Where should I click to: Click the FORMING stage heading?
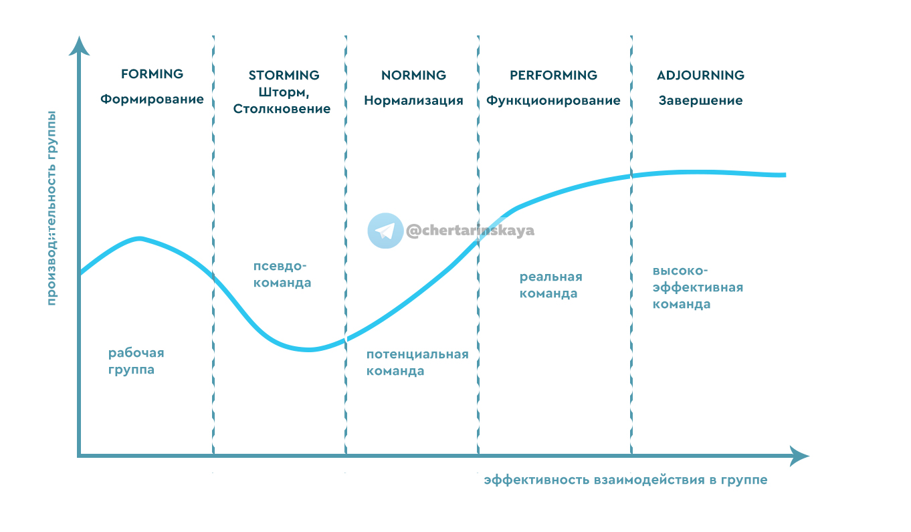click(152, 74)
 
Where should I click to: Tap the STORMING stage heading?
click(284, 75)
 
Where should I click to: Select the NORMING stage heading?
click(413, 75)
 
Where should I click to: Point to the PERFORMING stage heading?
click(553, 75)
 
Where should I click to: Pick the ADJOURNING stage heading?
click(700, 75)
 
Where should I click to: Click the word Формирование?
click(152, 100)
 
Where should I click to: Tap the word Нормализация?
click(413, 101)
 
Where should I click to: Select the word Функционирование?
click(553, 101)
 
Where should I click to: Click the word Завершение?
click(700, 101)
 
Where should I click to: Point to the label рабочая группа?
click(136, 361)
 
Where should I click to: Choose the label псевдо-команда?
click(282, 274)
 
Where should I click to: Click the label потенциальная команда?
click(417, 362)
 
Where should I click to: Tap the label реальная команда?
click(550, 285)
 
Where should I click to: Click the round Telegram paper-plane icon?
click(385, 231)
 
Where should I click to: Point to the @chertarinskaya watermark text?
click(470, 231)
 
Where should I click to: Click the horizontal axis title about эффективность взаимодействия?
click(625, 480)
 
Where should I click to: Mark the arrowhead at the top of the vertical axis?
click(79, 46)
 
